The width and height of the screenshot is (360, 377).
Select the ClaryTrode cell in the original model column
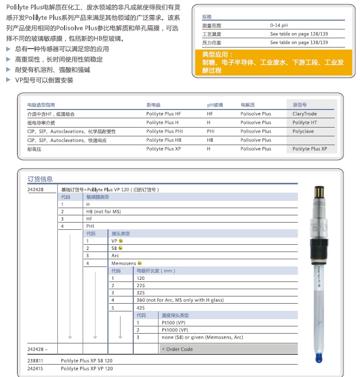(x=304, y=114)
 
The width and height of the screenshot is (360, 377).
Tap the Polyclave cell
(x=303, y=131)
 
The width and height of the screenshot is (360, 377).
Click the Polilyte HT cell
(x=305, y=122)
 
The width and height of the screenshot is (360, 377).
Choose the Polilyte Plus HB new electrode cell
(x=163, y=140)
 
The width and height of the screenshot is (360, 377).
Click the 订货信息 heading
(x=40, y=179)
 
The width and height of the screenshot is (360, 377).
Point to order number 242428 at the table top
(x=36, y=190)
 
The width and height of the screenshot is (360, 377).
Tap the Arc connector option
(x=115, y=256)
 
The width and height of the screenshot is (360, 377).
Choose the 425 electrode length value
(x=140, y=308)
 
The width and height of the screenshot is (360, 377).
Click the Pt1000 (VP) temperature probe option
(x=175, y=329)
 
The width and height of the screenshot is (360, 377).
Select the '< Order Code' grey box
(x=228, y=349)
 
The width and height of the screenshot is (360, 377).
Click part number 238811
(x=36, y=360)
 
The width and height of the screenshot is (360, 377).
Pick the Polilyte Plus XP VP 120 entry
(x=87, y=368)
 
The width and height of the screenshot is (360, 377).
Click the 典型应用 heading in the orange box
(x=217, y=54)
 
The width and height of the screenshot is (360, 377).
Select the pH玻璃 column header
(x=215, y=105)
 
